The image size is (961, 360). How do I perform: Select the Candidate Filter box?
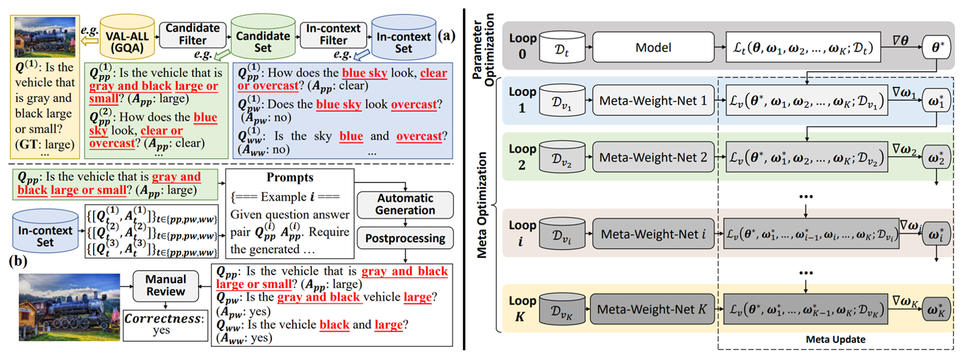pyautogui.click(x=192, y=35)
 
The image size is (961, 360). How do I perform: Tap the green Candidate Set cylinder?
pyautogui.click(x=263, y=38)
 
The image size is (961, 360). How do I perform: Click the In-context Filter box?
pyautogui.click(x=333, y=35)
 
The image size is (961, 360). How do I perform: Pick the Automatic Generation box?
pyautogui.click(x=405, y=204)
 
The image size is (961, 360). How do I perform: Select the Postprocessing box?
pyautogui.click(x=405, y=238)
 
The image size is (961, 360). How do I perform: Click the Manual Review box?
pyautogui.click(x=165, y=285)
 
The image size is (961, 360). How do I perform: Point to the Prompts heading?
pyautogui.click(x=290, y=178)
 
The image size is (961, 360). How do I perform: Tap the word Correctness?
pyautogui.click(x=162, y=319)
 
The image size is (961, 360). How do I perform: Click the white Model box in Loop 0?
pyautogui.click(x=653, y=47)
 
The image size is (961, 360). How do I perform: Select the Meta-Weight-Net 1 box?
pyautogui.click(x=653, y=101)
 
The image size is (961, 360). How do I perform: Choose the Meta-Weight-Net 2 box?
pyautogui.click(x=653, y=157)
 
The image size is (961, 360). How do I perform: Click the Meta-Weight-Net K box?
pyautogui.click(x=652, y=310)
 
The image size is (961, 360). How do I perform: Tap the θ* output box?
pyautogui.click(x=937, y=47)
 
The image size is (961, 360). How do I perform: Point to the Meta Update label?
pyautogui.click(x=835, y=339)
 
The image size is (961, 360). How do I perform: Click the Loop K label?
pyautogui.click(x=522, y=308)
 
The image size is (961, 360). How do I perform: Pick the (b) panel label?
pyautogui.click(x=18, y=261)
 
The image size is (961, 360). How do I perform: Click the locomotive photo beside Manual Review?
pyautogui.click(x=69, y=305)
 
